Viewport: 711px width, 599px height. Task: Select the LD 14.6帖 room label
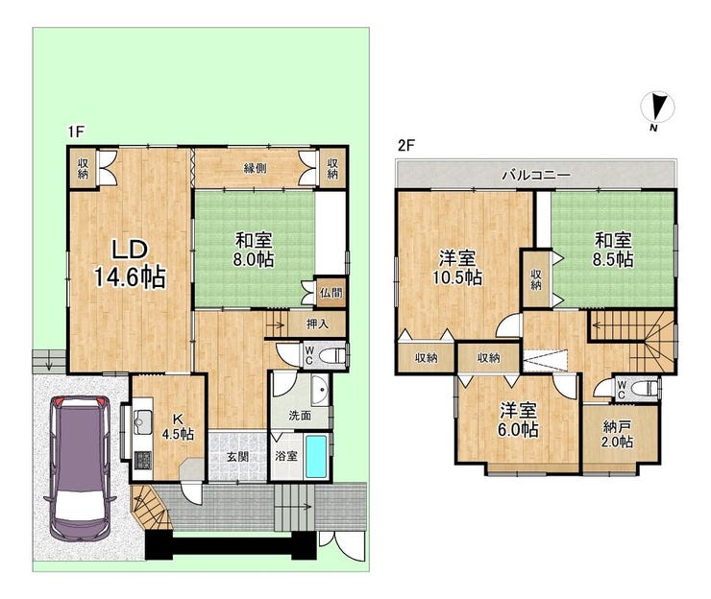[x=130, y=263]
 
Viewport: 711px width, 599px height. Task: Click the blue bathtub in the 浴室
[x=316, y=456]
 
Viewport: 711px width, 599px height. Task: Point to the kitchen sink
[x=143, y=420]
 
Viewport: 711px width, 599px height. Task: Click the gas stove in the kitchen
[x=143, y=460]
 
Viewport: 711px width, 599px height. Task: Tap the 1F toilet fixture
[x=331, y=355]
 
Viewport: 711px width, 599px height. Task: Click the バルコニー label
[x=536, y=175]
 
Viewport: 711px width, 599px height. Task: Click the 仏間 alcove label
[x=331, y=292]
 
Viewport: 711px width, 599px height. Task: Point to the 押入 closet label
[x=317, y=323]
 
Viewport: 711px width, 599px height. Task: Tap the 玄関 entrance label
[x=237, y=457]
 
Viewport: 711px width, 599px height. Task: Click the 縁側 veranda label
[x=255, y=168]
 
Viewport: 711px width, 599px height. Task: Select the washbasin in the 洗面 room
[x=321, y=391]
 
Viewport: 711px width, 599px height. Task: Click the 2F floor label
[x=406, y=146]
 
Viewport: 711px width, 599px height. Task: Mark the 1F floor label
[x=76, y=132]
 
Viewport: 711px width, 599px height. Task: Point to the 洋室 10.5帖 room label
[x=456, y=268]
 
